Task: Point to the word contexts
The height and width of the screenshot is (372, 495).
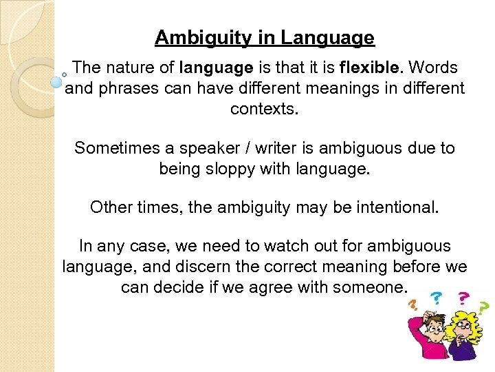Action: (x=264, y=109)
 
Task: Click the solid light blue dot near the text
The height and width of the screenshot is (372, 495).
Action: (x=56, y=82)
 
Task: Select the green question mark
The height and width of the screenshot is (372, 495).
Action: (x=484, y=306)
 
